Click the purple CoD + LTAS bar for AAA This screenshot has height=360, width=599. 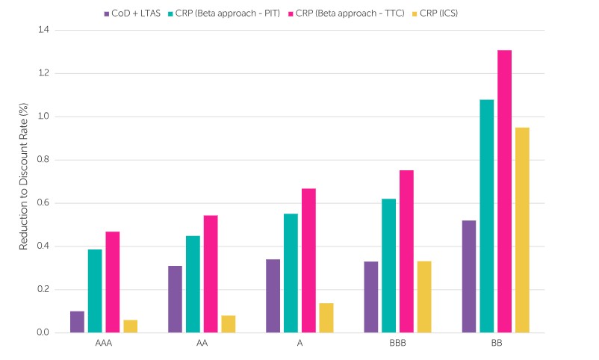pyautogui.click(x=77, y=322)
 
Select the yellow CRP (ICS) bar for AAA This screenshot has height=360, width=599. pyautogui.click(x=130, y=326)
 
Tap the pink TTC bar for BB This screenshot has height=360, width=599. pyautogui.click(x=504, y=191)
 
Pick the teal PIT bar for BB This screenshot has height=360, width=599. pyautogui.click(x=486, y=216)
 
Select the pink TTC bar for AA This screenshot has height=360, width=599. pyautogui.click(x=211, y=274)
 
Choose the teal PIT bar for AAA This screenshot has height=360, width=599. pyautogui.click(x=95, y=291)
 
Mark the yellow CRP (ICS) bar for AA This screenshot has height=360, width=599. pyautogui.click(x=228, y=324)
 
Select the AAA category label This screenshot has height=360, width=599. pyautogui.click(x=104, y=346)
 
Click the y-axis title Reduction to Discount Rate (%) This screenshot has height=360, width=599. pyautogui.click(x=23, y=181)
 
